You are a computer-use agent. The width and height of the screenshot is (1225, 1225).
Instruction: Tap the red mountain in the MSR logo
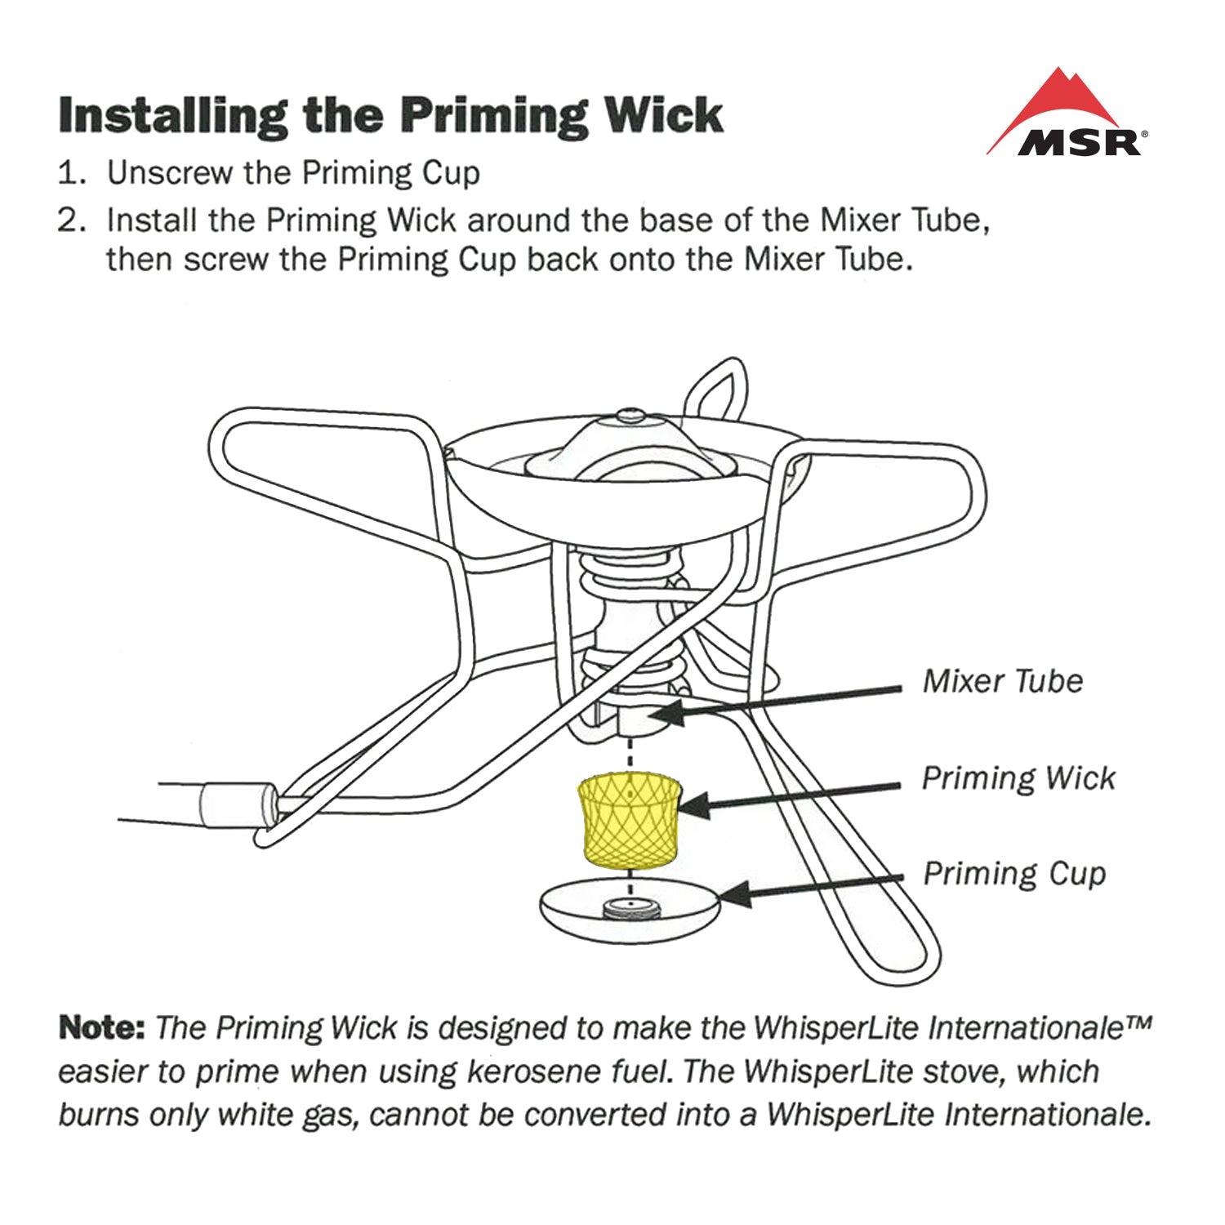coord(1062,98)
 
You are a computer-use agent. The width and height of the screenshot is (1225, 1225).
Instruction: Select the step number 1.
coord(70,173)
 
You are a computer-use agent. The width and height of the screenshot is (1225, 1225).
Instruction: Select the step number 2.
coord(70,220)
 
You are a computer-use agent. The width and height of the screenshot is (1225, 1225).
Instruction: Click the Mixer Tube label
coord(1002,681)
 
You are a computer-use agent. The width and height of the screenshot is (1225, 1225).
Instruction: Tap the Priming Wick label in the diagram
coord(1018,777)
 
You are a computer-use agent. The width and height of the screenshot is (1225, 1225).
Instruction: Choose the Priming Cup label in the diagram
coord(1014,873)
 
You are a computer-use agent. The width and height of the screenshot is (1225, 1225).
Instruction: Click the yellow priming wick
coord(629,821)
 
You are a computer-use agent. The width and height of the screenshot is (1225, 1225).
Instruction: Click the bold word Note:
coord(101,1027)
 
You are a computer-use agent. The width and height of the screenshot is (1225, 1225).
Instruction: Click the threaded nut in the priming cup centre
coord(629,906)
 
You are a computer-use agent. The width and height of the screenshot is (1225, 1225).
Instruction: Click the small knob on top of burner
coord(630,416)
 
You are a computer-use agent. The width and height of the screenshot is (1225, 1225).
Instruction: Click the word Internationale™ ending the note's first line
coord(1039,1027)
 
